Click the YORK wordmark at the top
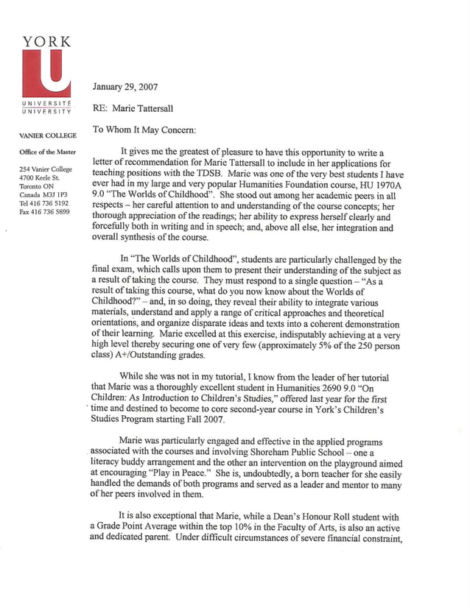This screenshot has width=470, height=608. (x=46, y=42)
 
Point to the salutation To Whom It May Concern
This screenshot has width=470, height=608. (x=144, y=130)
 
